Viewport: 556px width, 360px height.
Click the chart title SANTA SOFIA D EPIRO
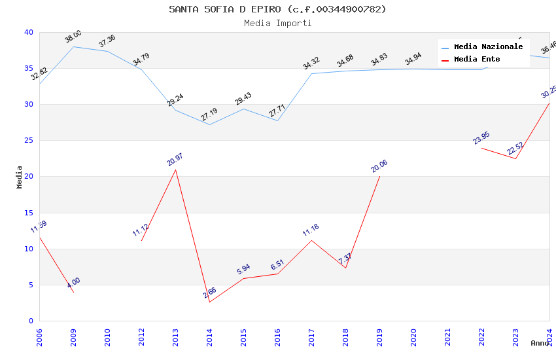click(277, 9)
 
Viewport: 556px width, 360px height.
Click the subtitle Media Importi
click(277, 23)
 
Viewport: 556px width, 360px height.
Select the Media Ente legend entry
click(477, 59)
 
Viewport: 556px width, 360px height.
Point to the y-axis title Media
click(20, 177)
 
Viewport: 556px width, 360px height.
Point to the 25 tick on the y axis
click(29, 141)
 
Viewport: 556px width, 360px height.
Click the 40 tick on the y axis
click(29, 32)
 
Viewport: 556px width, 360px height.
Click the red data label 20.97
click(175, 159)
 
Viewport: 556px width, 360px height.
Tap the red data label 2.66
click(209, 292)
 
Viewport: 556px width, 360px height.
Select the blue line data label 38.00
click(73, 37)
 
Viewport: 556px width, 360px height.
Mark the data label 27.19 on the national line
click(209, 115)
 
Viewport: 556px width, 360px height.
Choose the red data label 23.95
click(481, 138)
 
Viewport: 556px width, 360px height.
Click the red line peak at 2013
click(175, 170)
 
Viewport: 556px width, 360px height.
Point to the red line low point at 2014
click(209, 302)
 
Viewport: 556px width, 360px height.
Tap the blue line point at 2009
click(73, 46)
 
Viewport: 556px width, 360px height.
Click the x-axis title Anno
click(540, 343)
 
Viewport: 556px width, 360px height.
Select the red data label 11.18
click(311, 230)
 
